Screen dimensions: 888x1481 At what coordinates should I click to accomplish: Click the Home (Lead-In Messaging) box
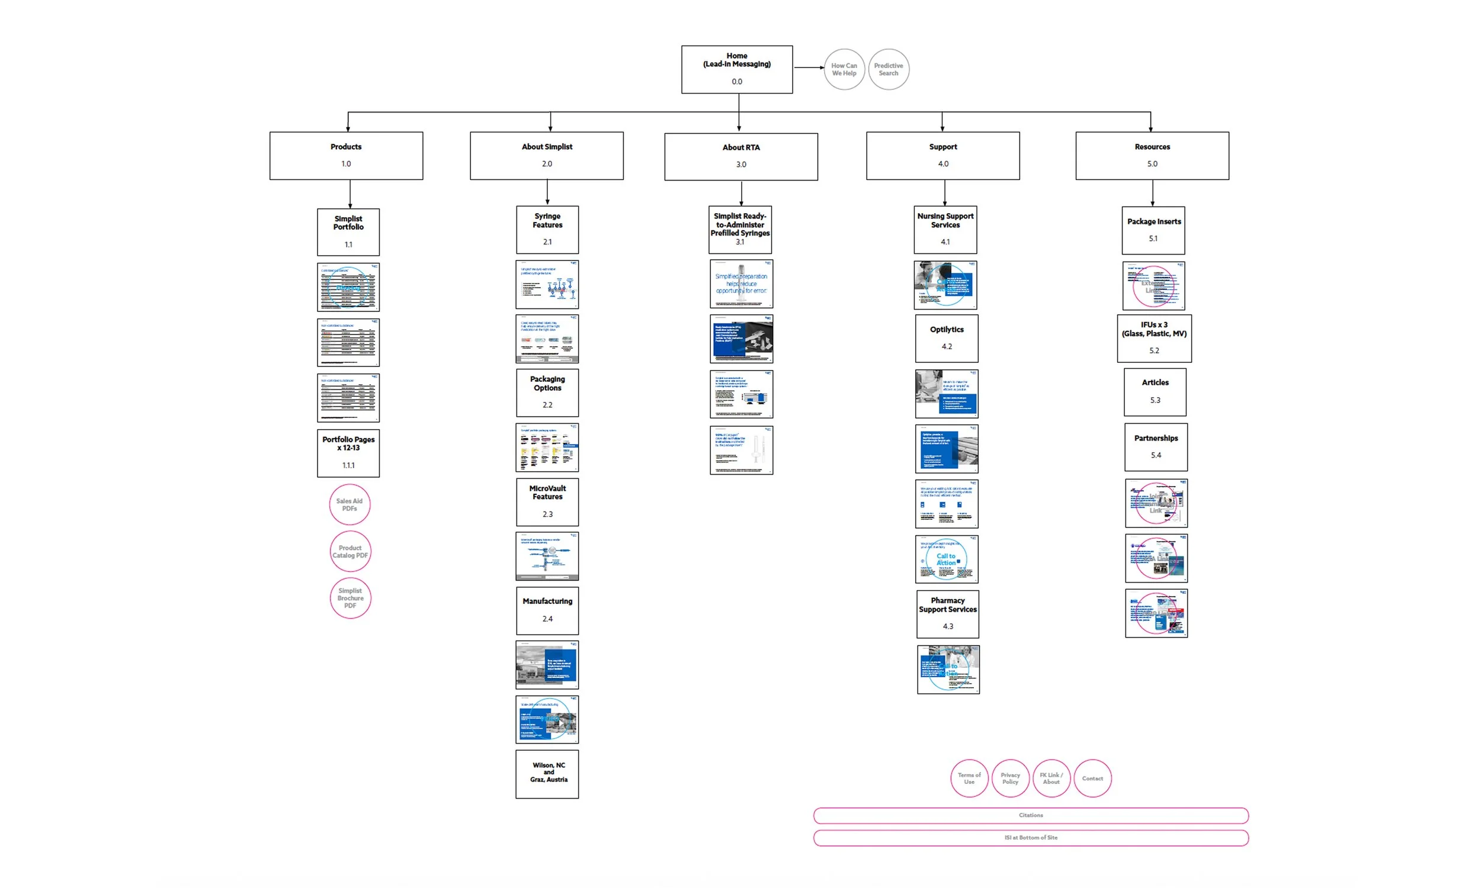(736, 69)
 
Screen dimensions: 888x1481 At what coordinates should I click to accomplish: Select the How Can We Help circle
(844, 69)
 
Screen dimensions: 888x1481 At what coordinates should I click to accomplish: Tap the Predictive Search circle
(888, 69)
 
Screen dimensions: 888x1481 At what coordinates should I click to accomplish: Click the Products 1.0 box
(346, 156)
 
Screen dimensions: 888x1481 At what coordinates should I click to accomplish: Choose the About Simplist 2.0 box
(546, 156)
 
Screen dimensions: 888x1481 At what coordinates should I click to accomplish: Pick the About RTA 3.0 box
(740, 156)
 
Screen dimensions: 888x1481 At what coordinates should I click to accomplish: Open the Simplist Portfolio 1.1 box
(348, 231)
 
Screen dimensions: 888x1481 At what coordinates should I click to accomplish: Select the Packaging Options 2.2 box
(547, 392)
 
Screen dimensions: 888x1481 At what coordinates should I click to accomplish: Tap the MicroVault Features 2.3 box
(547, 501)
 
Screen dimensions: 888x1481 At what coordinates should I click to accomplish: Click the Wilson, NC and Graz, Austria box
(547, 773)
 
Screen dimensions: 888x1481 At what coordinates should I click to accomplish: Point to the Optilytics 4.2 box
(946, 338)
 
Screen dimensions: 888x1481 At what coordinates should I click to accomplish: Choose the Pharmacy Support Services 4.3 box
(947, 613)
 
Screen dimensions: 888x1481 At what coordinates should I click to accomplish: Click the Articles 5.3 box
(1154, 391)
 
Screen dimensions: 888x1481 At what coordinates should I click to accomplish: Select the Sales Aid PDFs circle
(349, 504)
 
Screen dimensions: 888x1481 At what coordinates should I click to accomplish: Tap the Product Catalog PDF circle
(350, 551)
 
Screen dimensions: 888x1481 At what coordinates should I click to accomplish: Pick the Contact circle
(1092, 778)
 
